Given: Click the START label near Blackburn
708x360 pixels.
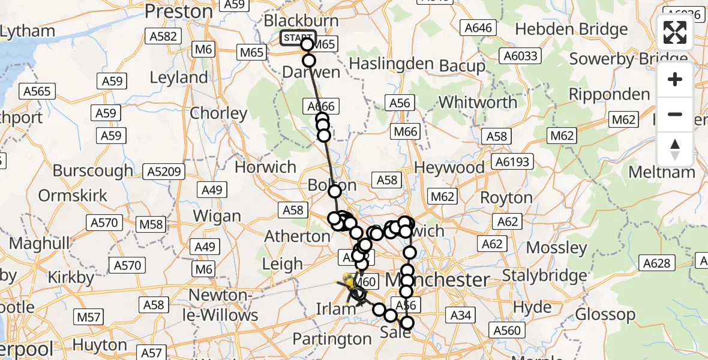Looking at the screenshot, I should (x=298, y=38).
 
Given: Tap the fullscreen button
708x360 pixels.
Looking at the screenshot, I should (x=675, y=33).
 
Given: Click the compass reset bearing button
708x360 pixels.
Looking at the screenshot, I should (x=675, y=149).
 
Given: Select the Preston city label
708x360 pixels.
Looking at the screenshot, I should (x=179, y=11).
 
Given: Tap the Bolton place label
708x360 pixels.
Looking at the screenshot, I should (x=332, y=184).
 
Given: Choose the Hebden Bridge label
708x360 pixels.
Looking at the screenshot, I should (x=571, y=29).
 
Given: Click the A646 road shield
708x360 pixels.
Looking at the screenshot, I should (x=478, y=28).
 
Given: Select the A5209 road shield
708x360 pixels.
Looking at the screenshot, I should (x=163, y=173).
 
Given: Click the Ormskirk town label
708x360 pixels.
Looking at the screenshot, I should (x=73, y=196).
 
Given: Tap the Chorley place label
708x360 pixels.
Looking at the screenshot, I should (x=218, y=113).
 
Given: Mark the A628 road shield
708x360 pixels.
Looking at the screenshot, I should (x=659, y=263).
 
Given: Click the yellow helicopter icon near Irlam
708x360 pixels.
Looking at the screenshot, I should (x=349, y=280).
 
